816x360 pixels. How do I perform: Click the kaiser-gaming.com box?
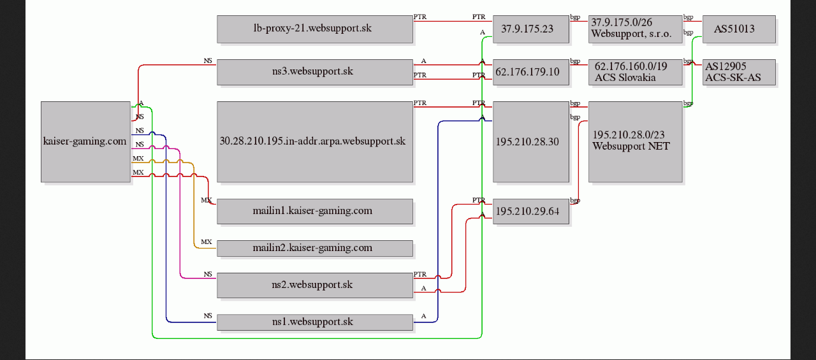point(85,141)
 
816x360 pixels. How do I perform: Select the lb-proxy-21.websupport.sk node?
point(315,29)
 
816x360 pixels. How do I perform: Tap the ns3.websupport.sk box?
point(315,72)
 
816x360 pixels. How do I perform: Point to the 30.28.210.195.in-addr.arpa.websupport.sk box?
point(315,141)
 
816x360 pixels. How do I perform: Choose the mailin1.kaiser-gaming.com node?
point(315,211)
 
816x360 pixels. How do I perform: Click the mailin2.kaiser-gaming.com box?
point(315,248)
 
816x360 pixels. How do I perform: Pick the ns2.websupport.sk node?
point(315,285)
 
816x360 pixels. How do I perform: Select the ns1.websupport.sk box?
point(315,322)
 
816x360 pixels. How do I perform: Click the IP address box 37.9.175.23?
point(531,29)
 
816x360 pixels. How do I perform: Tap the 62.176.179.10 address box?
point(531,72)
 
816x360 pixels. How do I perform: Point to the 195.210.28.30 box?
point(531,141)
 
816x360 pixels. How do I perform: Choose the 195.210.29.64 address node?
point(531,211)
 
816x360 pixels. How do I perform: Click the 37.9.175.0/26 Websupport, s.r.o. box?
point(636,29)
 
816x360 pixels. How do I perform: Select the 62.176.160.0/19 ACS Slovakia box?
point(636,72)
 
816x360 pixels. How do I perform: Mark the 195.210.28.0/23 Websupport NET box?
point(636,141)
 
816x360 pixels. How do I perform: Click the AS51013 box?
point(739,29)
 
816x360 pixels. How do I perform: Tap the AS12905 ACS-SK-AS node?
point(739,72)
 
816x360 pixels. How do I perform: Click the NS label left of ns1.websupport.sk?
point(208,315)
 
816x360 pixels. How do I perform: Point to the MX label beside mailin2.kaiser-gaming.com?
point(206,241)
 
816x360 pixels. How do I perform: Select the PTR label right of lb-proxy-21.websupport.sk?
point(420,17)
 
